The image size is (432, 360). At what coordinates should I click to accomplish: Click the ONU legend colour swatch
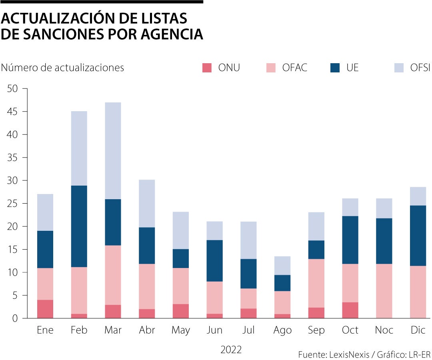point(207,68)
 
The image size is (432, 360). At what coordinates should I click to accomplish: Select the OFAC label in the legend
point(294,68)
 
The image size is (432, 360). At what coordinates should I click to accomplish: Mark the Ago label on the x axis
point(282,330)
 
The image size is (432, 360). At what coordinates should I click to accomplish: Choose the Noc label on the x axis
point(384,330)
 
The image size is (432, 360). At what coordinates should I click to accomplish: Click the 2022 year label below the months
point(231,350)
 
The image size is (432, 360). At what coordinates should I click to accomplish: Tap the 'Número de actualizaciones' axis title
point(62,68)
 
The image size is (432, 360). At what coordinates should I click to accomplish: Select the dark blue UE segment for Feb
point(79,226)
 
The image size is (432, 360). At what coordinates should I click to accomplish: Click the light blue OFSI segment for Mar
point(113,151)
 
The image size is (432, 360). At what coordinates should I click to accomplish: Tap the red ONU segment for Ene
point(45,309)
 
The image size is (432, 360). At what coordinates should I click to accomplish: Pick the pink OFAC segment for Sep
point(316,283)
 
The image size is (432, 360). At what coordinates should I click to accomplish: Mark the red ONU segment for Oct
point(350,310)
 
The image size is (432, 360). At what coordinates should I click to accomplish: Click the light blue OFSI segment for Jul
point(248,240)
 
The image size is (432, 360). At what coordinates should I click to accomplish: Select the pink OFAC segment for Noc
point(384,291)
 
